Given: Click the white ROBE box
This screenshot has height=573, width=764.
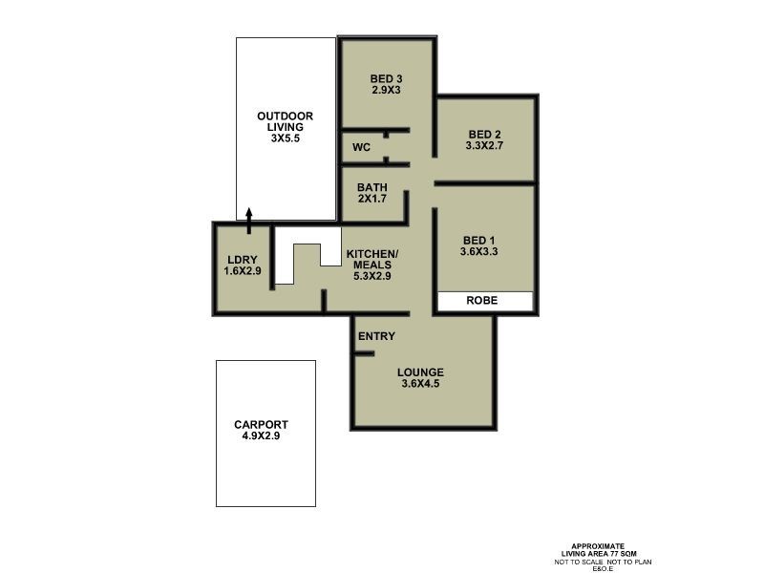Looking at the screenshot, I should tap(484, 300).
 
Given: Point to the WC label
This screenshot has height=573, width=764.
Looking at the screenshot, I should tap(361, 148).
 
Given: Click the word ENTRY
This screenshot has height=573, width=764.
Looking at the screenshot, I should tap(376, 337).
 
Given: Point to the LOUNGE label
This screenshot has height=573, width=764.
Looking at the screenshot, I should tap(421, 372).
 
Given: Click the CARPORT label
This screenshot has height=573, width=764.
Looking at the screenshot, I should tap(261, 425).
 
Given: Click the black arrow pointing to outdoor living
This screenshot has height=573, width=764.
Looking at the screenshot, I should tap(249, 220).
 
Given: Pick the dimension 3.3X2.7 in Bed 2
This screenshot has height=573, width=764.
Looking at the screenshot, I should tap(484, 146).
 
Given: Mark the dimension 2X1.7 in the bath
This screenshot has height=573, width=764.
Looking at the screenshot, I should tap(372, 200).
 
